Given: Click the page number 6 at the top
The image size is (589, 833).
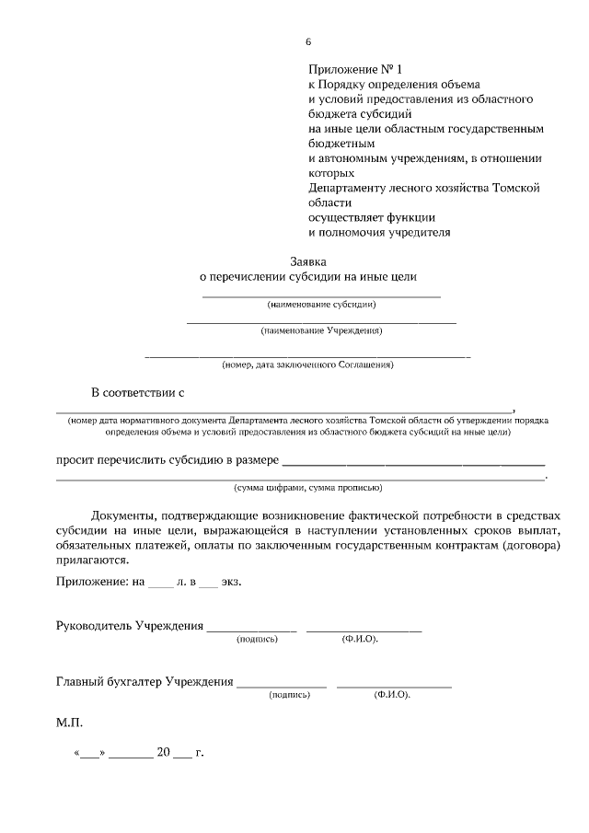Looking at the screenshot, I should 308,41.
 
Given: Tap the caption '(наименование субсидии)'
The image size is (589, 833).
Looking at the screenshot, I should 321,304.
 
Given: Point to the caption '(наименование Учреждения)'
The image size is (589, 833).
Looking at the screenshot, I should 321,330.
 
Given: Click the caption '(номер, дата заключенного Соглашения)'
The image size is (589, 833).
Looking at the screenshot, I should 307,364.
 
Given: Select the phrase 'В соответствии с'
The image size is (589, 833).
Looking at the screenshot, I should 137,393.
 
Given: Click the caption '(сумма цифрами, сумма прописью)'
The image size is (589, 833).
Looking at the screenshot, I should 307,487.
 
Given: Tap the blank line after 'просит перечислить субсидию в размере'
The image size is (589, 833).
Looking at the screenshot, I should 412,459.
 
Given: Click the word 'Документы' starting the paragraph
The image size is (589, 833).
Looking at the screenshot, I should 128,515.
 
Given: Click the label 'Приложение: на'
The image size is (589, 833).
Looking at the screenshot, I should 99,582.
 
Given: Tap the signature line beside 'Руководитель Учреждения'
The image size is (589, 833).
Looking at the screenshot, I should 251,630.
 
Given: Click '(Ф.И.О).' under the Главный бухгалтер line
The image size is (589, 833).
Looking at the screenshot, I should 392,695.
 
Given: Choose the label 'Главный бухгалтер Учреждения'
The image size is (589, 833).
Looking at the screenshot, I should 144,682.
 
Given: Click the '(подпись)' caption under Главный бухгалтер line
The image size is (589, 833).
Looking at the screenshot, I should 289,695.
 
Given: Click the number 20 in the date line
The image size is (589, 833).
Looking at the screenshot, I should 163,752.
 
